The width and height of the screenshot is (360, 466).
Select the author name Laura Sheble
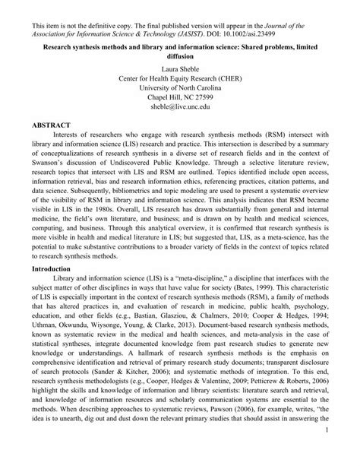[181, 68]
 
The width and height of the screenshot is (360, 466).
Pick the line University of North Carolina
[181, 89]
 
